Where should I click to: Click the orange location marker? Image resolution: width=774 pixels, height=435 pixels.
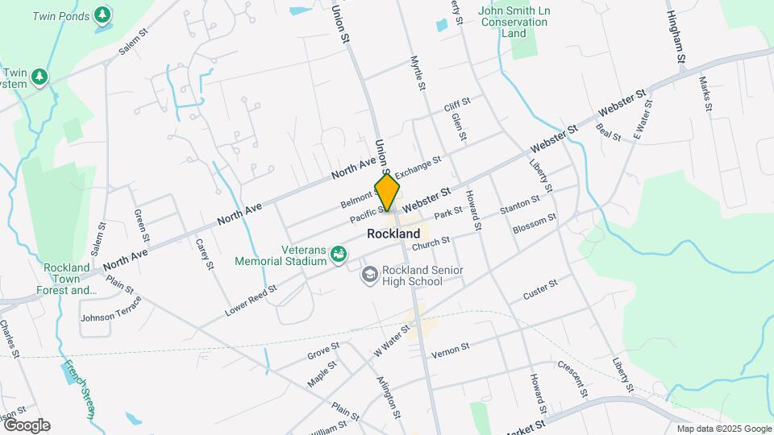pyautogui.click(x=387, y=193)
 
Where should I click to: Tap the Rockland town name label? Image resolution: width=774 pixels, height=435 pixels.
pyautogui.click(x=393, y=234)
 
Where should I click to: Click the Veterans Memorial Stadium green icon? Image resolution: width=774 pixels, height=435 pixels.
pyautogui.click(x=339, y=255)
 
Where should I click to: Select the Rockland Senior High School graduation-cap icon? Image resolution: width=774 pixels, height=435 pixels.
pyautogui.click(x=369, y=275)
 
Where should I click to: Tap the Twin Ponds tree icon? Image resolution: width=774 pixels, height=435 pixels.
pyautogui.click(x=102, y=14)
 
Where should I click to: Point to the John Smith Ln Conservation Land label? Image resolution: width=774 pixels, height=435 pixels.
pyautogui.click(x=514, y=23)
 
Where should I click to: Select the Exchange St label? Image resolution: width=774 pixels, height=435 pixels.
pyautogui.click(x=418, y=167)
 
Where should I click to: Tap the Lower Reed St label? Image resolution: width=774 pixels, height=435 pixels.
pyautogui.click(x=251, y=299)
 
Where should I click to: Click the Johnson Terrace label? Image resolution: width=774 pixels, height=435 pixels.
pyautogui.click(x=110, y=311)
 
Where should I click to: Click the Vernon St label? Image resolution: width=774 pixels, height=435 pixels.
pyautogui.click(x=450, y=350)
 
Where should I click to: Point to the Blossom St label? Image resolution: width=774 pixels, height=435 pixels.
pyautogui.click(x=535, y=222)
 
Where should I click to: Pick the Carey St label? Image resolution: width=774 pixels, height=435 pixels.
pyautogui.click(x=202, y=254)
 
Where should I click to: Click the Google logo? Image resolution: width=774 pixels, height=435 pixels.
pyautogui.click(x=27, y=425)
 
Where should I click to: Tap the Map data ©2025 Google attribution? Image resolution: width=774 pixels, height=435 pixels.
pyautogui.click(x=722, y=429)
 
